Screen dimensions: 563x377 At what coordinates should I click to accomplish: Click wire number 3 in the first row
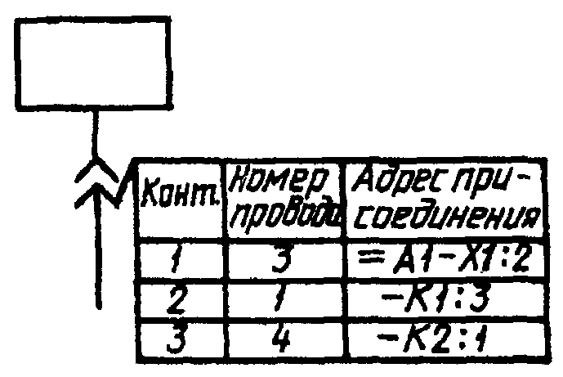[x=281, y=260]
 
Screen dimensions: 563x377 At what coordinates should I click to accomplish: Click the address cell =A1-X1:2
[x=444, y=260]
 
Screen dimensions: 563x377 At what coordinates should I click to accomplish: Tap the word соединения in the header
[x=444, y=218]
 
